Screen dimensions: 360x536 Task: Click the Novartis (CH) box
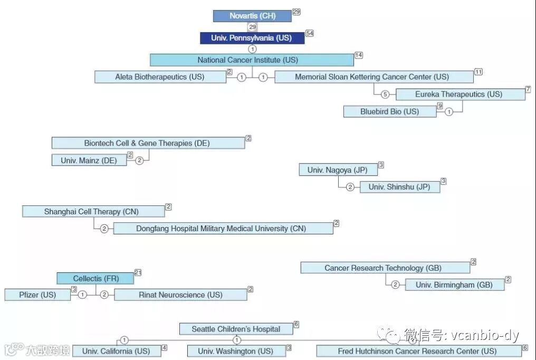click(252, 16)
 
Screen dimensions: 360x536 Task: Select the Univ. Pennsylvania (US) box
click(253, 38)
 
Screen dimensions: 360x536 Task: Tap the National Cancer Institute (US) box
click(252, 60)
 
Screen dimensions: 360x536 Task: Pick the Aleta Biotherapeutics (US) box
click(160, 77)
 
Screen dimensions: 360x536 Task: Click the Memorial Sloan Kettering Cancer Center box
click(374, 77)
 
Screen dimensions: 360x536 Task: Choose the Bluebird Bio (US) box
click(390, 111)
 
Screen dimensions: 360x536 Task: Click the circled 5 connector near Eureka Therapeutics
click(385, 94)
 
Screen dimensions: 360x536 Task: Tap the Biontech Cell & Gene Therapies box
click(148, 143)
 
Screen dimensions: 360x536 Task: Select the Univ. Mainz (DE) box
click(89, 160)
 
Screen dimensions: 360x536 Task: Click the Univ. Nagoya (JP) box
click(338, 170)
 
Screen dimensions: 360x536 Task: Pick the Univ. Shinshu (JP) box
click(399, 187)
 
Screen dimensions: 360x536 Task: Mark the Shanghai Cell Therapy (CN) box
click(93, 212)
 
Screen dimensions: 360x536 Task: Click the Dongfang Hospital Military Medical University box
click(223, 229)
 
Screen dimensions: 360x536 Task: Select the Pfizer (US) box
click(37, 295)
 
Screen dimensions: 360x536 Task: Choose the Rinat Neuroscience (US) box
click(180, 295)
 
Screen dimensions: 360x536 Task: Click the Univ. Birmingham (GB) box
click(454, 285)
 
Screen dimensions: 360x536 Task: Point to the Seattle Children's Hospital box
click(236, 329)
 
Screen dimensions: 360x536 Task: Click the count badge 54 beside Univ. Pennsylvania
click(310, 33)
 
